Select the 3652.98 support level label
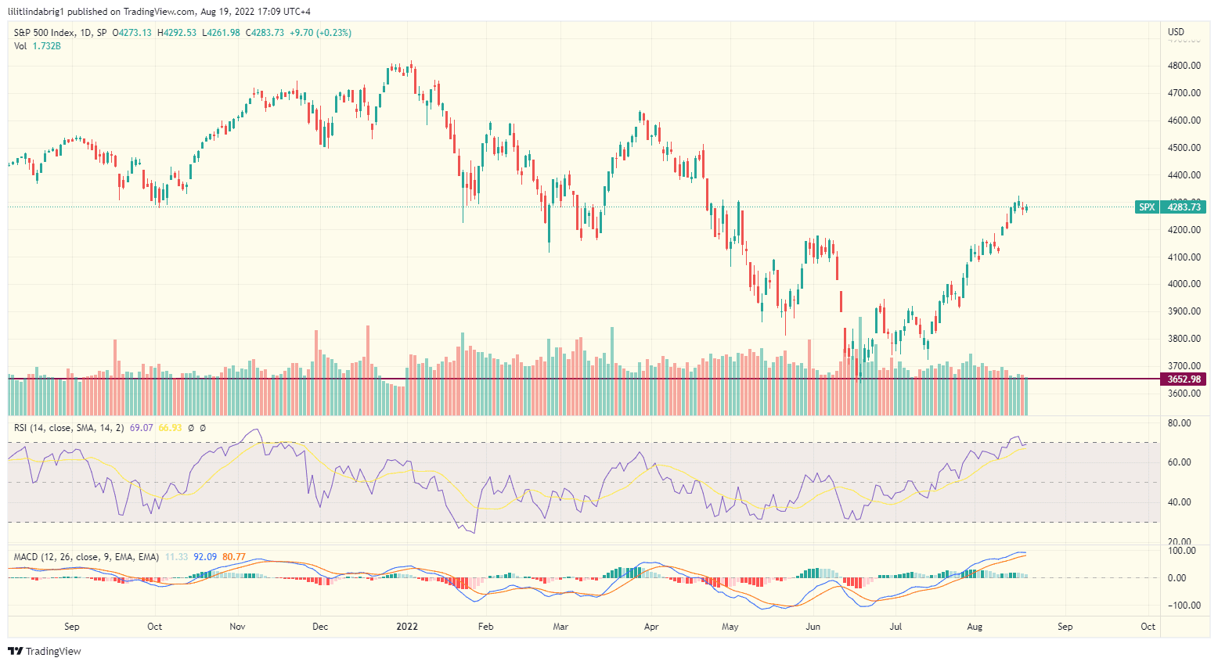point(1183,379)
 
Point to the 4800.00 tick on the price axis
point(1184,66)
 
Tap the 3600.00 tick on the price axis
point(1184,394)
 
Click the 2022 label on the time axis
point(407,627)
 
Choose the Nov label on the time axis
point(237,627)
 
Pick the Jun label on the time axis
point(813,627)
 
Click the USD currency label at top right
point(1176,32)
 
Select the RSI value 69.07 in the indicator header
point(141,428)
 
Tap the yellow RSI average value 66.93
point(170,428)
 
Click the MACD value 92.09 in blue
point(205,557)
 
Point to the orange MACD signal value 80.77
point(234,557)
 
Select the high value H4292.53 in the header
point(177,33)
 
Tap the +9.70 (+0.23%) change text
point(320,33)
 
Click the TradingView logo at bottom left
point(45,651)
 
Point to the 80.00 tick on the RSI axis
point(1179,423)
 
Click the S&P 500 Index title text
point(45,33)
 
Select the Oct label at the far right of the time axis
point(1148,627)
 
